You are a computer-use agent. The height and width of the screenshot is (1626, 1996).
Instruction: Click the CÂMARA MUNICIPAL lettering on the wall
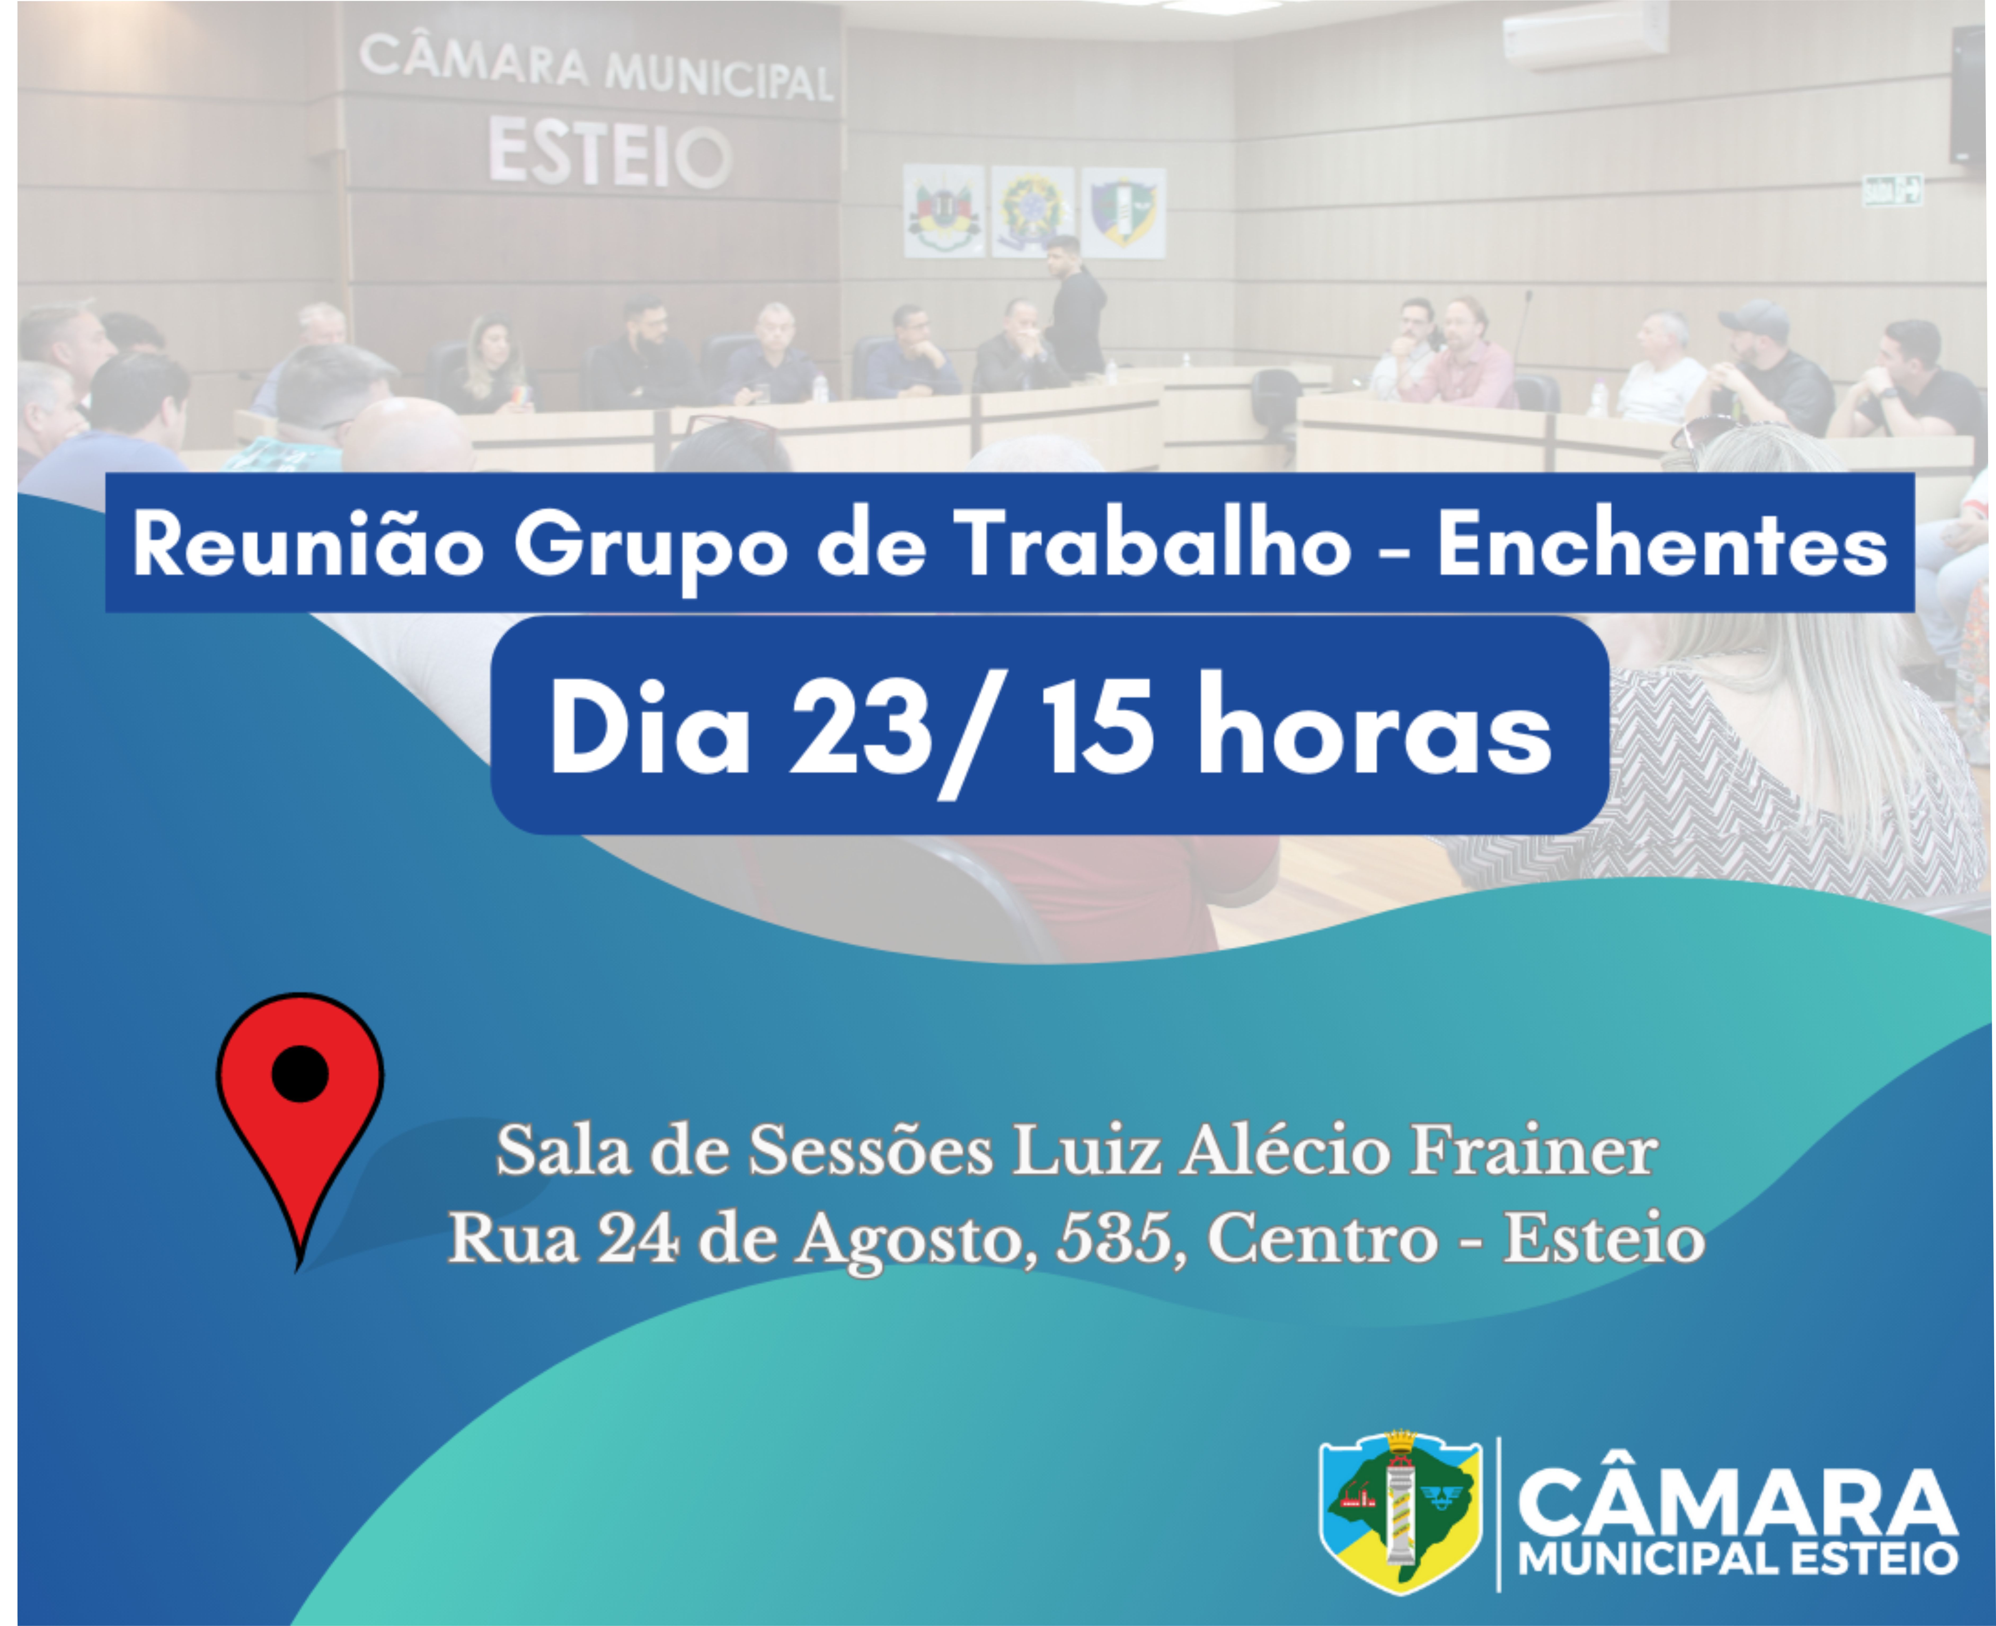click(x=597, y=68)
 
